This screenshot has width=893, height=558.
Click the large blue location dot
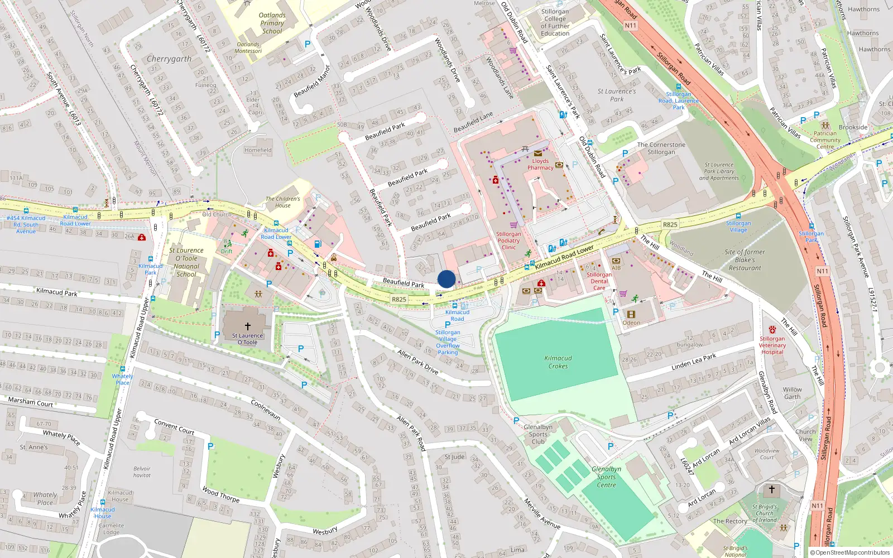pos(446,279)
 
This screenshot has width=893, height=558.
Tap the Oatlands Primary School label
pos(272,23)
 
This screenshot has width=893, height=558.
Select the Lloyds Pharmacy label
pos(540,164)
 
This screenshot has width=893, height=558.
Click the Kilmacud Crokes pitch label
pos(558,362)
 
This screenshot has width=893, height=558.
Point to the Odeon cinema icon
pos(631,315)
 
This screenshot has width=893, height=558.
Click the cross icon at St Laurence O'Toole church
pos(247,326)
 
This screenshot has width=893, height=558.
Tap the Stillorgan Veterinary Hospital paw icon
pos(772,330)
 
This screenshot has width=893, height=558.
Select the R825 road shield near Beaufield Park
pos(399,300)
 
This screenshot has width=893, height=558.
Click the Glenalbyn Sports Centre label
pos(606,477)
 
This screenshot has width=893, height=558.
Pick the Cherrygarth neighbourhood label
pos(169,59)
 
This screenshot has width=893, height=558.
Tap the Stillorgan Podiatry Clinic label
pos(508,240)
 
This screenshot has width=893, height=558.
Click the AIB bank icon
pos(616,261)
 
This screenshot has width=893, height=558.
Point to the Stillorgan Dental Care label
pos(599,281)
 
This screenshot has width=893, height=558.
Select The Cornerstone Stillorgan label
pos(661,148)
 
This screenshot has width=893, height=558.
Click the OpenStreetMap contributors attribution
pos(850,552)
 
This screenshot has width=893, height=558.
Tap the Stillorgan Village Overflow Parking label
pos(448,342)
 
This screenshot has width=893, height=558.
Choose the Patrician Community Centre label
pos(825,140)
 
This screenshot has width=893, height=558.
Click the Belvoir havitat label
pos(142,472)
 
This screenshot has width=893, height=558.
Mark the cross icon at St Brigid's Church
pos(772,489)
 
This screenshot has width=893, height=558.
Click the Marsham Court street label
pos(31,402)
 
